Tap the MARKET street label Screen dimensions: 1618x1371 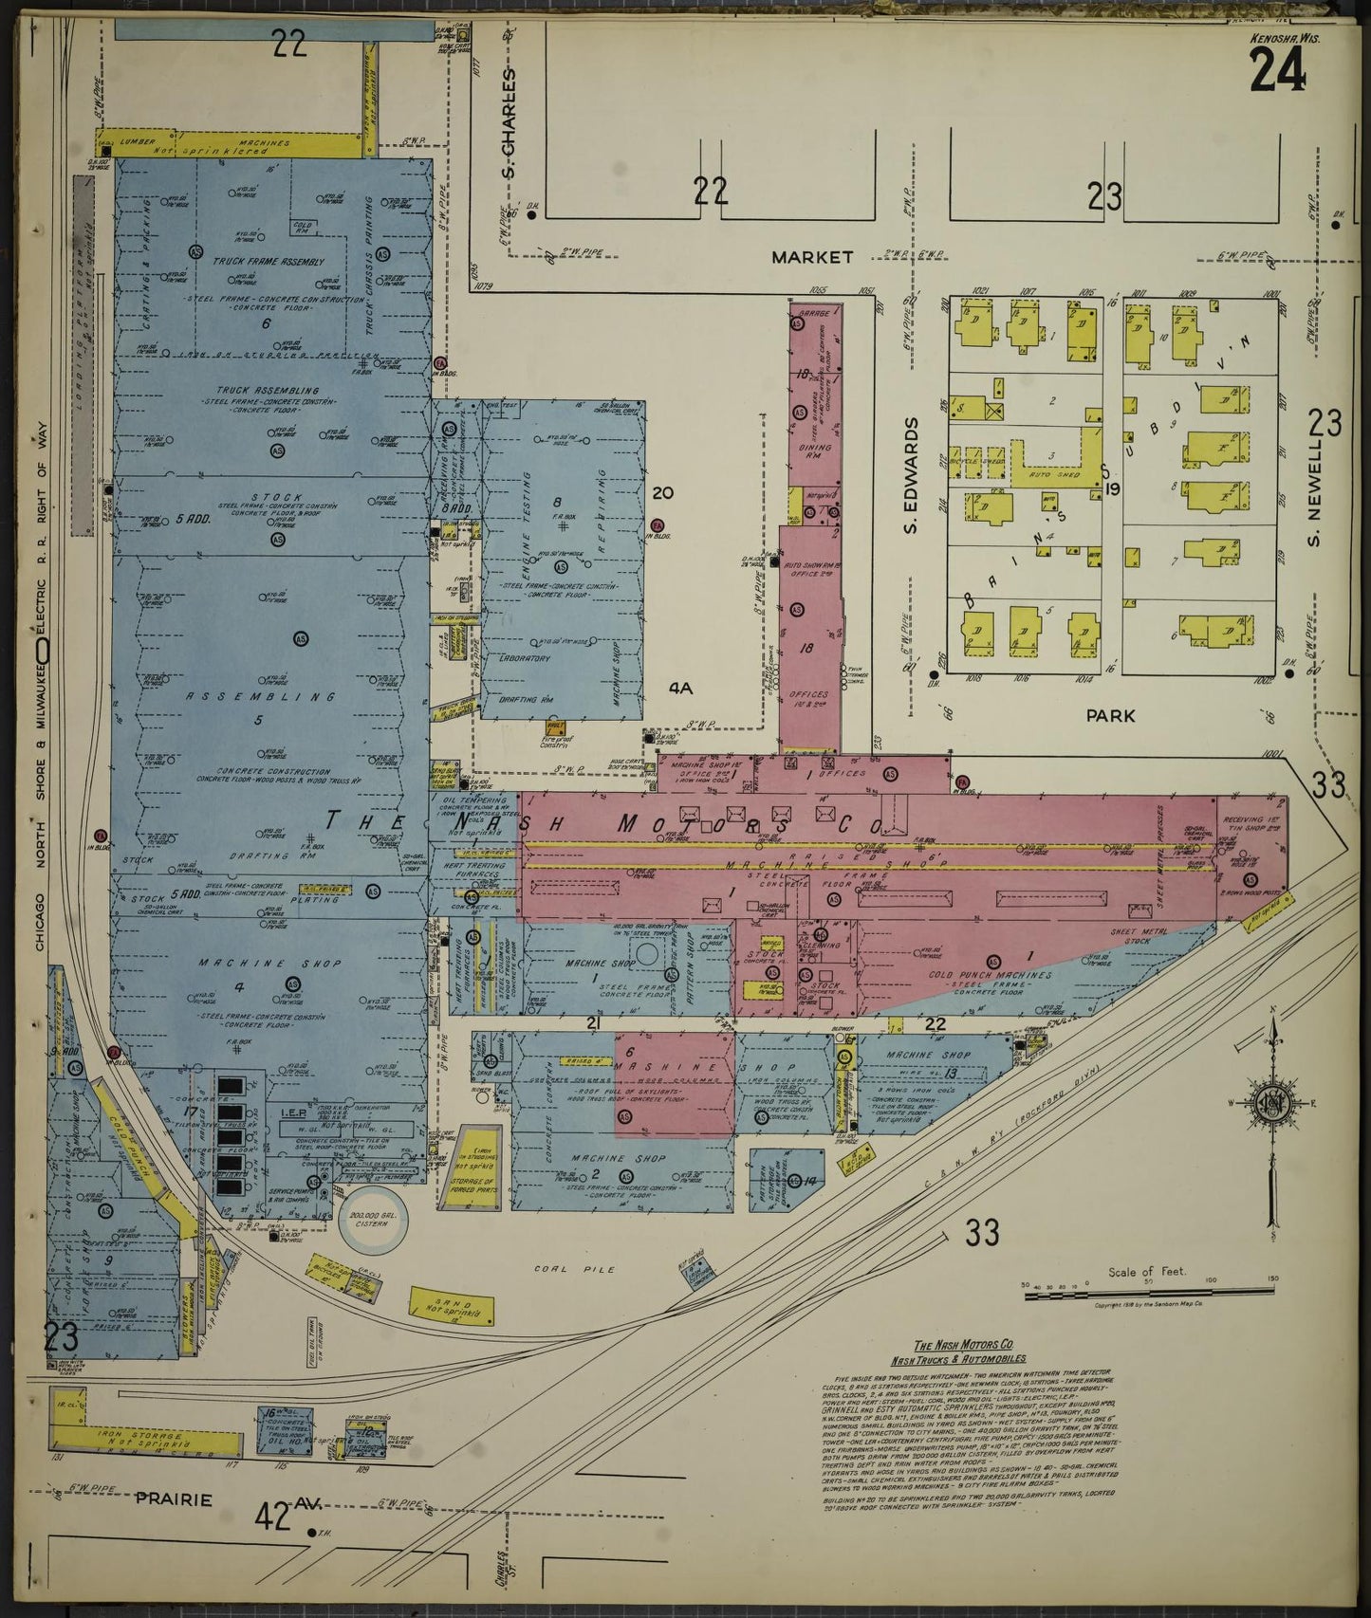coord(811,257)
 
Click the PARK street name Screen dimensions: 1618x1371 coord(1110,716)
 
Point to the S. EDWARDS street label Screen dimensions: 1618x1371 coord(914,476)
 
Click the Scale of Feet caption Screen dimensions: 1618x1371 coord(1146,1272)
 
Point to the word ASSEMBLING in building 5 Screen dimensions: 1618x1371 coord(261,697)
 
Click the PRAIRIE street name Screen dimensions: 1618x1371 coord(172,1499)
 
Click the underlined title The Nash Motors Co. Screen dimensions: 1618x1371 coord(963,1346)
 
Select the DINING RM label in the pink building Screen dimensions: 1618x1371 coord(815,451)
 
